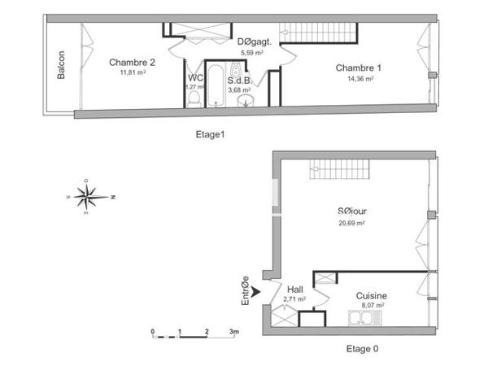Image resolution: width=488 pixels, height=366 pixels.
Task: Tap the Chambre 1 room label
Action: pyautogui.click(x=359, y=68)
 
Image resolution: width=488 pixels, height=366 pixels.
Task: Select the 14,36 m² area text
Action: pyautogui.click(x=359, y=79)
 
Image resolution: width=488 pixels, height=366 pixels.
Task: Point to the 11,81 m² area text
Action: pyautogui.click(x=132, y=72)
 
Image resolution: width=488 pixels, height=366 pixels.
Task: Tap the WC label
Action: pyautogui.click(x=194, y=78)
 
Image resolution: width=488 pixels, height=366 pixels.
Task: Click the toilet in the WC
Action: pyautogui.click(x=194, y=98)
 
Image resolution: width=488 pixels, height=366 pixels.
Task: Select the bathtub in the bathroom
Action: pyautogui.click(x=215, y=88)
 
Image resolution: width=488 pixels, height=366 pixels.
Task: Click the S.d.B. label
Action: pyautogui.click(x=239, y=81)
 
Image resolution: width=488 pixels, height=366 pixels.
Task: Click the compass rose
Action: pyautogui.click(x=85, y=196)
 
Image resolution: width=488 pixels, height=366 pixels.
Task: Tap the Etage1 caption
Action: pyautogui.click(x=210, y=135)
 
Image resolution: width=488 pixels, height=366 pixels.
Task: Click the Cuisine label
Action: pyautogui.click(x=370, y=296)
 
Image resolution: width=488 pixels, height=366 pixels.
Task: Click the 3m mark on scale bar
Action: pyautogui.click(x=233, y=332)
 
